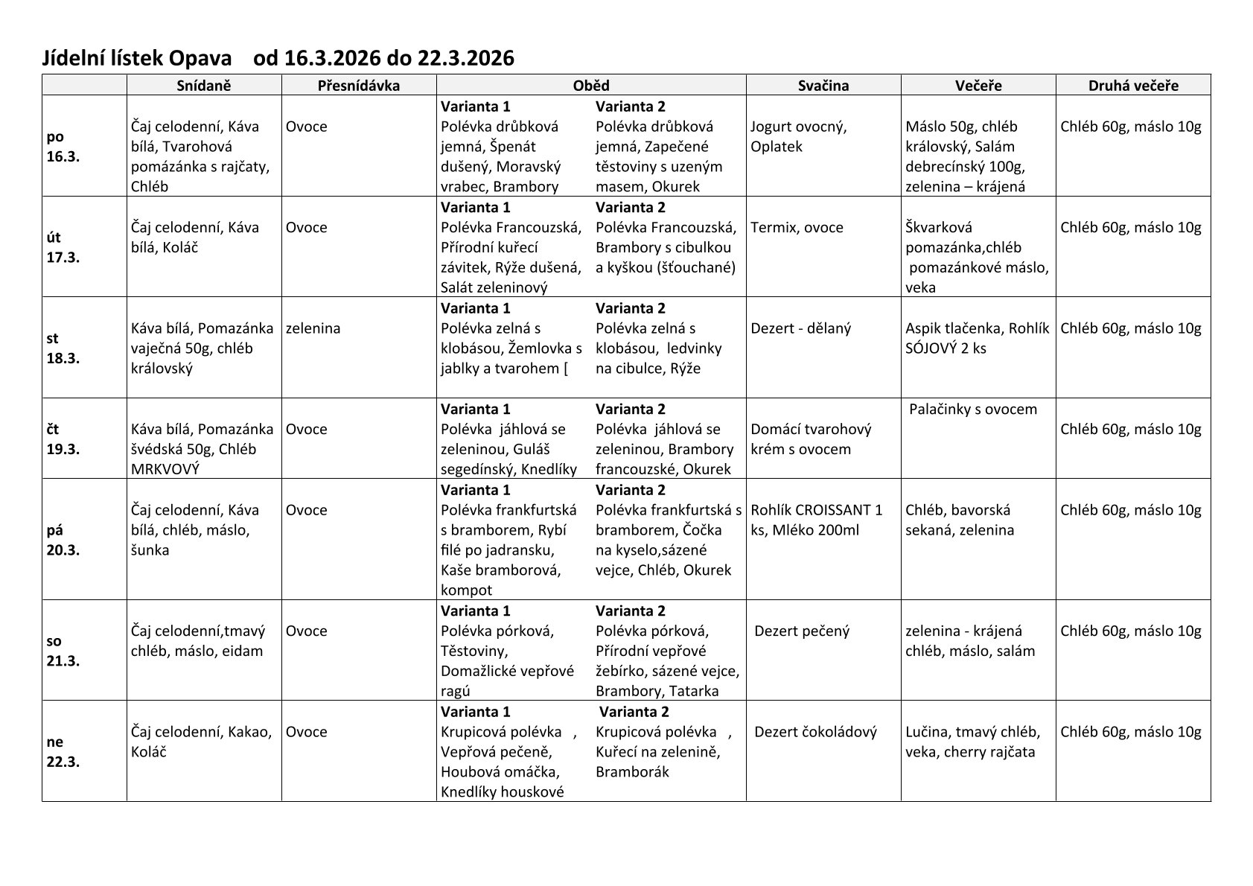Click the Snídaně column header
coord(204,86)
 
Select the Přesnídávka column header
coord(358,86)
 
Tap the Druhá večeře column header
coord(1133,86)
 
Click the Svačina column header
coord(823,86)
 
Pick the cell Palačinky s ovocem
coord(973,409)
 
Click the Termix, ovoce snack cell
coord(797,228)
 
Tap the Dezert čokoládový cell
coord(815,732)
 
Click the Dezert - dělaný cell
coord(800,328)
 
